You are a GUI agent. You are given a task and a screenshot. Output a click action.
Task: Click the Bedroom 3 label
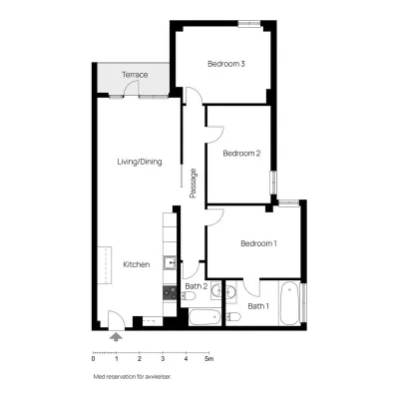click(226, 64)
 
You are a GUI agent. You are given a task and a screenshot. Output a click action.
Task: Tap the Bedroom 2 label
click(241, 154)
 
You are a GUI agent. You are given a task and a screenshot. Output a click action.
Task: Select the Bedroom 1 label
click(258, 243)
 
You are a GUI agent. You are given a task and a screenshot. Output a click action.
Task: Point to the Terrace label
click(135, 75)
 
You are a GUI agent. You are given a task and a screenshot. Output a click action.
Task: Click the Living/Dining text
click(140, 162)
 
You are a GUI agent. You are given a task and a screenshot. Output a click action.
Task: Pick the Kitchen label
click(137, 264)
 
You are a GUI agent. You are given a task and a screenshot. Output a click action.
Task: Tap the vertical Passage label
click(194, 184)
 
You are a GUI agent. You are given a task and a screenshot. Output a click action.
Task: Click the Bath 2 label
click(197, 286)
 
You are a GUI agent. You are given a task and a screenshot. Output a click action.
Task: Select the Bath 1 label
click(258, 306)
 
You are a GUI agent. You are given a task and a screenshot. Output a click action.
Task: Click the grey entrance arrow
click(116, 336)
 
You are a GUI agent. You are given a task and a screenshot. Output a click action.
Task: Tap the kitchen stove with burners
click(170, 293)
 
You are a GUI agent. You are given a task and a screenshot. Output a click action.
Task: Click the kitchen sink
click(170, 263)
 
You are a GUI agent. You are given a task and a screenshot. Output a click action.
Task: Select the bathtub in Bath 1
click(289, 303)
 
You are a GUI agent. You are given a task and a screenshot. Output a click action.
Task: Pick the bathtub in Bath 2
click(204, 317)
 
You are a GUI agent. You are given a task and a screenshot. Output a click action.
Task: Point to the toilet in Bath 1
click(233, 316)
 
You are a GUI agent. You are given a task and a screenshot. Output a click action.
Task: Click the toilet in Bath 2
click(189, 295)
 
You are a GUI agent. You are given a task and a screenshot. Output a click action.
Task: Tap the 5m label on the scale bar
click(208, 359)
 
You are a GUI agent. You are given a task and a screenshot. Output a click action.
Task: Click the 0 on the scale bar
click(93, 359)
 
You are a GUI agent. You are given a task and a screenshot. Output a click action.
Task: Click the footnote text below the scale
click(133, 377)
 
